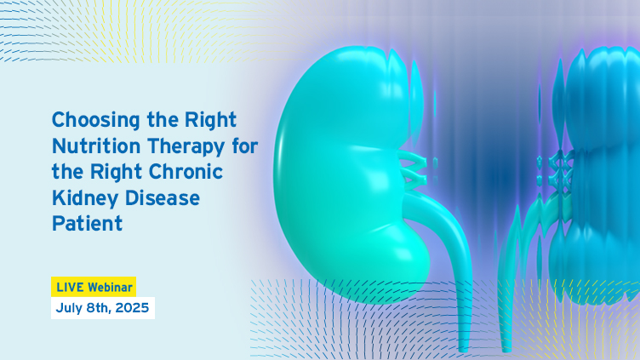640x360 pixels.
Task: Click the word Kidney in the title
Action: click(85, 198)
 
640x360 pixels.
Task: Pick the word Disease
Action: click(163, 198)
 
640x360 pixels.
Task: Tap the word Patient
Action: click(87, 224)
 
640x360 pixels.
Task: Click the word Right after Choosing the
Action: click(210, 121)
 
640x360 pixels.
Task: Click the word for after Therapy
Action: click(245, 146)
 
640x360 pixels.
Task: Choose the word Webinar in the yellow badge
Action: click(110, 288)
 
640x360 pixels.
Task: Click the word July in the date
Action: click(69, 308)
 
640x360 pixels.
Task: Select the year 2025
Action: click(132, 308)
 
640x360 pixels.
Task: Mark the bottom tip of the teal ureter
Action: click(463, 350)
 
